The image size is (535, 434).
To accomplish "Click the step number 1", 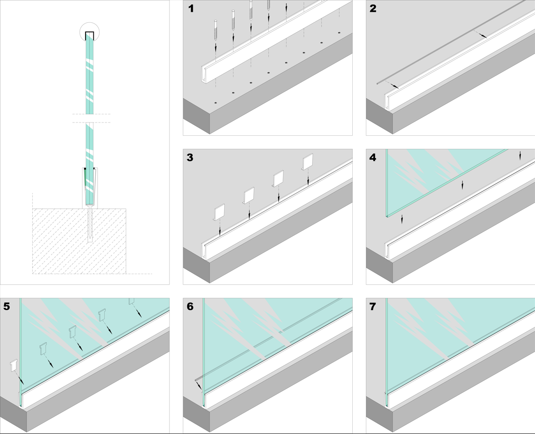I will pos(191,8).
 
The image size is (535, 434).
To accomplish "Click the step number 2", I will pos(374,8).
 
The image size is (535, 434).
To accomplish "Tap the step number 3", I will pos(190,158).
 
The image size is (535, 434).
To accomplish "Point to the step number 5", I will pos(7,306).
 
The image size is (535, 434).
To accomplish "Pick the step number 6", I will pos(190,306).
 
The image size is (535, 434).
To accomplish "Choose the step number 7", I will pos(373,306).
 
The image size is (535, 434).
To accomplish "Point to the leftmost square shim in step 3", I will pos(220,212).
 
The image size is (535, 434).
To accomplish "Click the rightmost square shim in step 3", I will pos(308,161).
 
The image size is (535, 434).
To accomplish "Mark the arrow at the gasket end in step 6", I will pos(199,386).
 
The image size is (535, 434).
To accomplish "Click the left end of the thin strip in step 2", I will pos(378,84).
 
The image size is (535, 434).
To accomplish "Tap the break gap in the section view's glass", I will pos(90,118).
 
